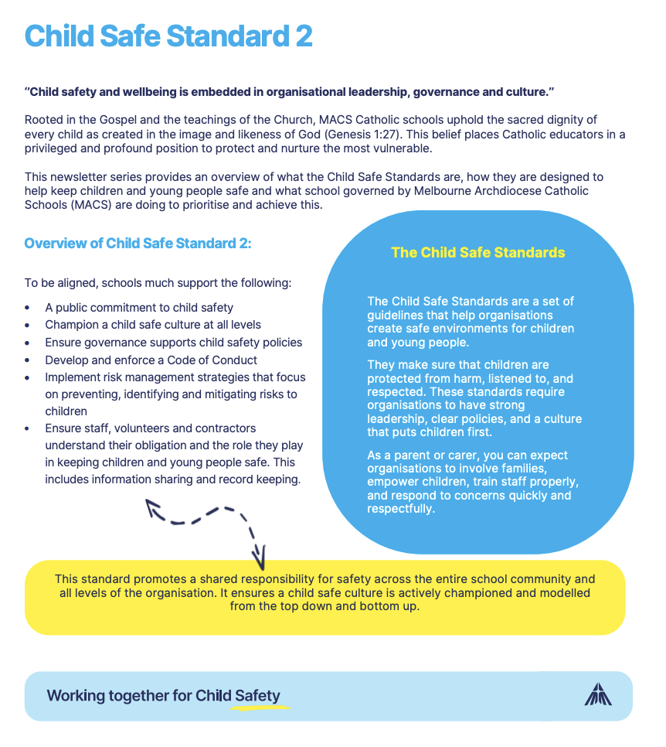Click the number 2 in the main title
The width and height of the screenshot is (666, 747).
click(x=302, y=36)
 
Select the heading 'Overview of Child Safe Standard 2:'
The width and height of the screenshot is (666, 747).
click(x=138, y=244)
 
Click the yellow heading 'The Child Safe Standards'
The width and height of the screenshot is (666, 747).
click(x=478, y=253)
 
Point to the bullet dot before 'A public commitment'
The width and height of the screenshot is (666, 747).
click(x=29, y=308)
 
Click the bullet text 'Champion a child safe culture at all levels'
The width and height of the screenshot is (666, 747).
click(x=153, y=325)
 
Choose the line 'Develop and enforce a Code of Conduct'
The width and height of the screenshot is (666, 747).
click(x=151, y=360)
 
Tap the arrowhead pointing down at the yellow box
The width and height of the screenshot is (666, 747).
click(x=260, y=555)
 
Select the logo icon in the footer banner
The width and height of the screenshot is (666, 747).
click(x=598, y=694)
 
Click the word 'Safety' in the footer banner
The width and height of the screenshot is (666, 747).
click(x=257, y=695)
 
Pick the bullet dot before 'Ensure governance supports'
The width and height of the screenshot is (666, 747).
click(x=29, y=343)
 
